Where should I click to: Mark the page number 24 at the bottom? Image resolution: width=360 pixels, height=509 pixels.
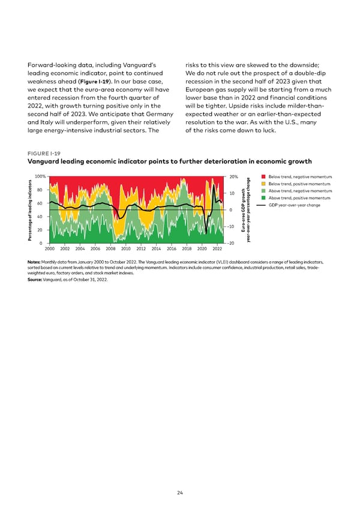(180, 493)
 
